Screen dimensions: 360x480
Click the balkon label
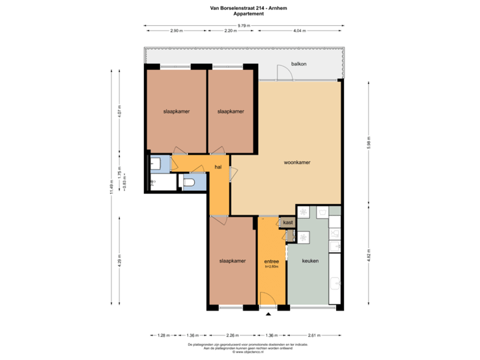(299, 64)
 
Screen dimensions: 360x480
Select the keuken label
(311, 261)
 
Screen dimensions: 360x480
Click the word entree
(271, 261)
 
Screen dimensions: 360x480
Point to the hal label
(217, 167)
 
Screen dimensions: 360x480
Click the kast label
(288, 222)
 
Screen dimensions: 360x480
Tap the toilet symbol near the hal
(189, 182)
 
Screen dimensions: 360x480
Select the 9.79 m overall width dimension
(244, 25)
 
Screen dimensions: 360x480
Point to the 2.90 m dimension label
(176, 31)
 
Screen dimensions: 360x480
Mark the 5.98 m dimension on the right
(369, 143)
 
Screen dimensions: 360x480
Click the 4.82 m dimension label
(369, 256)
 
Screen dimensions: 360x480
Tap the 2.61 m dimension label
(311, 335)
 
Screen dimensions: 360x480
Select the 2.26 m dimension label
(233, 335)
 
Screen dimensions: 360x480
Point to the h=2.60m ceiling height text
(271, 267)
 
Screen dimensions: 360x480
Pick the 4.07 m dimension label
(119, 109)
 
